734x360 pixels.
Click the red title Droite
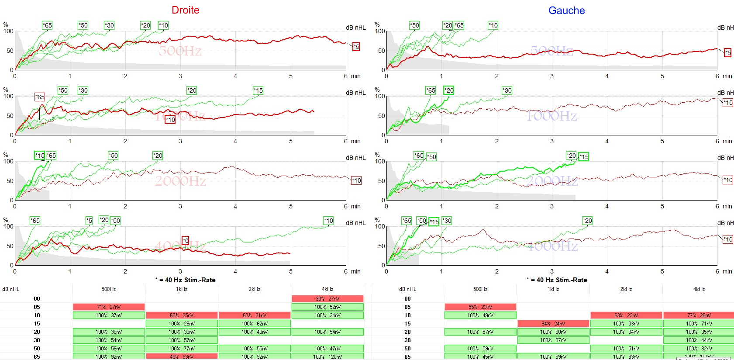coord(185,10)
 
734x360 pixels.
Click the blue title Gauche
coord(566,10)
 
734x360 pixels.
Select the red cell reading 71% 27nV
coord(109,307)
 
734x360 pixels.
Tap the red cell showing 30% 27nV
coord(327,299)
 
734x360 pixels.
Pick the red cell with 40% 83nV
coord(182,357)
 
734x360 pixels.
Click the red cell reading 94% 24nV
coord(553,324)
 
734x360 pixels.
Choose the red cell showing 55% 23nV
coord(480,307)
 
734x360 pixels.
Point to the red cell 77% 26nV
coord(699,315)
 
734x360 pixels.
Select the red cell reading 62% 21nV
coord(255,315)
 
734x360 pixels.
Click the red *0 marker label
coord(186,241)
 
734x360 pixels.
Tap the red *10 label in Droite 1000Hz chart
coord(170,120)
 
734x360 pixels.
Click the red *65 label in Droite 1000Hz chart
coord(40,97)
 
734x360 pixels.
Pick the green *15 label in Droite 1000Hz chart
coord(258,90)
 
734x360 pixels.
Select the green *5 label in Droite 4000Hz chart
coord(89,221)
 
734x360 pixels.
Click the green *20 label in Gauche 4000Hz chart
coord(587,221)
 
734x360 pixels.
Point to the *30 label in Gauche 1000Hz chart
coord(507,90)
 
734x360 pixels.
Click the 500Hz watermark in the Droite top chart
coord(180,51)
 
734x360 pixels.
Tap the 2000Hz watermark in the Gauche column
coord(552,181)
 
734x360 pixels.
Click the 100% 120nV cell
coord(327,357)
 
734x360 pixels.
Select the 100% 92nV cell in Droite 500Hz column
coord(109,357)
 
